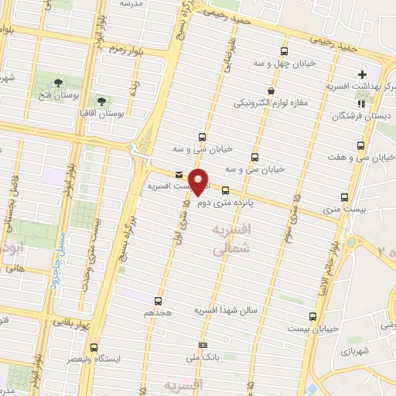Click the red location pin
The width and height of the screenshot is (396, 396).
tap(199, 180)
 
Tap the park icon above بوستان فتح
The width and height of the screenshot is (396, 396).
tap(59, 80)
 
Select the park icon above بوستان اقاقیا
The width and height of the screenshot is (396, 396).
tap(101, 101)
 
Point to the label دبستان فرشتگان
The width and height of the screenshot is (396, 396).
tap(341, 116)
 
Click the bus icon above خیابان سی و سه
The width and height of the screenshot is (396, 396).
tap(203, 135)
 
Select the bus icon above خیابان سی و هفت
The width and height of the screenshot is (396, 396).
tap(360, 145)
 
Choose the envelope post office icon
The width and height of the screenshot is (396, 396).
tap(179, 174)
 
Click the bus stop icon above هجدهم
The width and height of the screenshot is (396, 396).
tap(159, 300)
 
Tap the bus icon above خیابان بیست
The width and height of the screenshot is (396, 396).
tap(312, 316)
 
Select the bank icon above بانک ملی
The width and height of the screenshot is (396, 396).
tap(203, 345)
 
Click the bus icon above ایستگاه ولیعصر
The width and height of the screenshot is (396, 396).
tap(94, 347)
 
